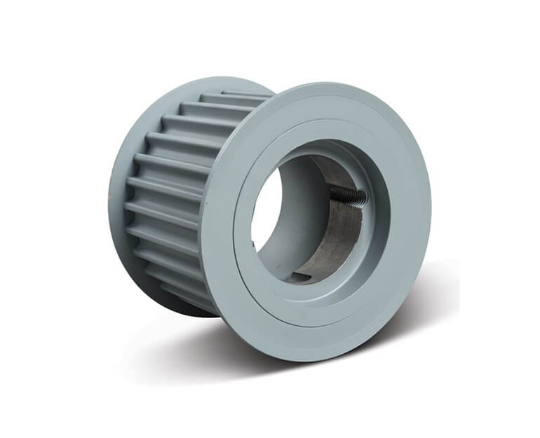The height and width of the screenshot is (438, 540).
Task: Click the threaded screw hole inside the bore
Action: pos(349,197)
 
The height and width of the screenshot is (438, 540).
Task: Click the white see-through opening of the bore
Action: pos(266,210)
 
